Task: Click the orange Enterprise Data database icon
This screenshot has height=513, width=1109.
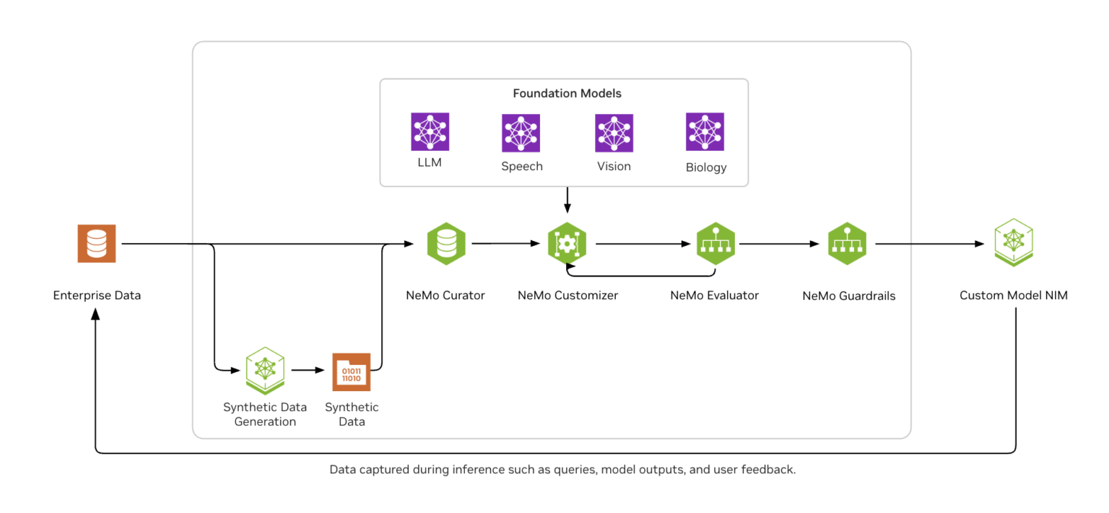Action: click(x=97, y=244)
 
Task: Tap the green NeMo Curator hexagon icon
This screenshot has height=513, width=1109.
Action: click(x=446, y=244)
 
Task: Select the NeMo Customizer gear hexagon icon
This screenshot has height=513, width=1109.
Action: click(x=567, y=244)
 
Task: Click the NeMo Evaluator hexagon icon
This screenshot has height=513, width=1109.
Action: click(x=715, y=244)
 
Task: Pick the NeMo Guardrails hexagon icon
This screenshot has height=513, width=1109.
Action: click(x=847, y=244)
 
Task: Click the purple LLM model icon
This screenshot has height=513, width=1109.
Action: click(x=430, y=132)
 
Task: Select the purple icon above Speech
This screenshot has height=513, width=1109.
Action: click(x=521, y=133)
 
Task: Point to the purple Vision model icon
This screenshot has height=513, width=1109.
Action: click(x=614, y=133)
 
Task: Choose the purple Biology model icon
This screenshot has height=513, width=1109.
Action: click(x=705, y=132)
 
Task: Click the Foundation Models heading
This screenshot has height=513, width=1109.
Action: click(x=567, y=94)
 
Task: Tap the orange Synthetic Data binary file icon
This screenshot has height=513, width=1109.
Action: click(x=351, y=372)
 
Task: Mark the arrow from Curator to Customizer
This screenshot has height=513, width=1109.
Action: click(x=505, y=244)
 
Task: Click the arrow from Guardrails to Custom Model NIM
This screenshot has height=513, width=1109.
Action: click(x=931, y=244)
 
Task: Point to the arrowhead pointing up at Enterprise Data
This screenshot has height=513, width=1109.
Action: click(x=95, y=316)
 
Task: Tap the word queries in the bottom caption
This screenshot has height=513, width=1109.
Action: click(x=574, y=470)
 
